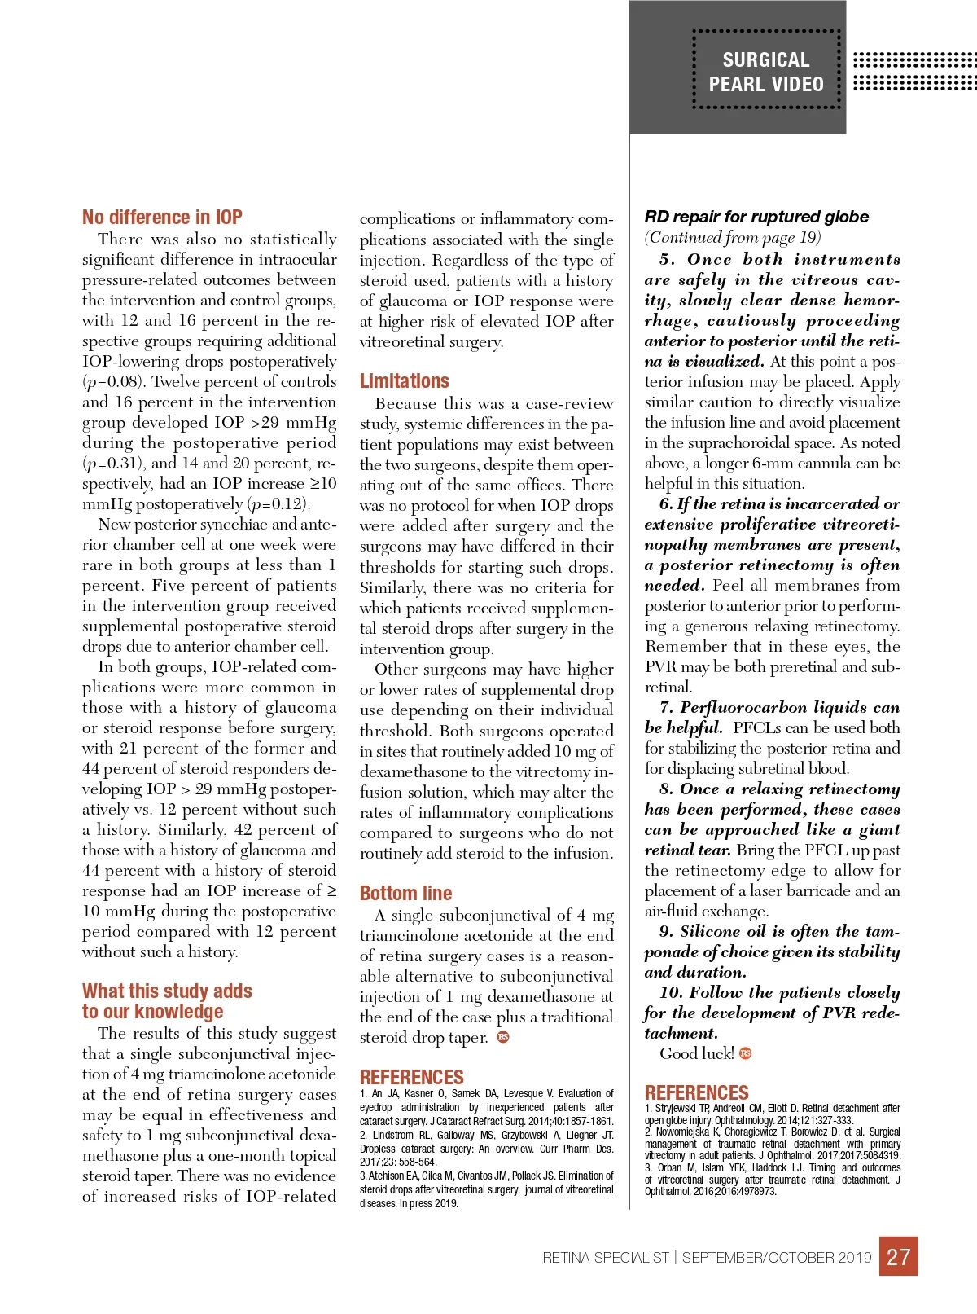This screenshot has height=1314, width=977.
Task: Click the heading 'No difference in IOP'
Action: [x=162, y=218]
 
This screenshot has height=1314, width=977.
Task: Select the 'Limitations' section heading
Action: [x=404, y=381]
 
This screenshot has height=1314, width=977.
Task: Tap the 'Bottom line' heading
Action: [x=405, y=893]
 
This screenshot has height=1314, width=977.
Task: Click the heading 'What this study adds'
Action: [x=167, y=991]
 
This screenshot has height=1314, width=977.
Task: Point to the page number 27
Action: [x=898, y=1256]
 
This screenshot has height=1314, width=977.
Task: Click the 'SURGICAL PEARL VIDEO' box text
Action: [x=766, y=72]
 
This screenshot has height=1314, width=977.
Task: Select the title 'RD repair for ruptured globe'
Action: [x=756, y=217]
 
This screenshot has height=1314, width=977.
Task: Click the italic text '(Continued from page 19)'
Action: [x=732, y=238]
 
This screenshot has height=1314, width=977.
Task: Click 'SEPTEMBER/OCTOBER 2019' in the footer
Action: [x=777, y=1258]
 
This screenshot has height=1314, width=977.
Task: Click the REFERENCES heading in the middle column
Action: [x=411, y=1077]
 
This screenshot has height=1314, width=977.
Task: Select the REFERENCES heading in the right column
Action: [x=696, y=1092]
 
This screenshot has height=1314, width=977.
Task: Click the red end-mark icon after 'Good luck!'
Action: [x=746, y=1053]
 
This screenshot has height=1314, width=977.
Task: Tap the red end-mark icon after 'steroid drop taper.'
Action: [x=503, y=1037]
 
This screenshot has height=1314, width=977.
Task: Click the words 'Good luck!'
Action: [x=696, y=1053]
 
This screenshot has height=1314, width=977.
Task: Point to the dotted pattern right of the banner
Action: [x=913, y=72]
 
